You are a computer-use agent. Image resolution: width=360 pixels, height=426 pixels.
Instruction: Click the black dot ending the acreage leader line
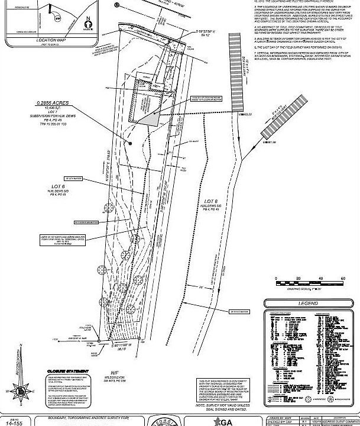point(129,143)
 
